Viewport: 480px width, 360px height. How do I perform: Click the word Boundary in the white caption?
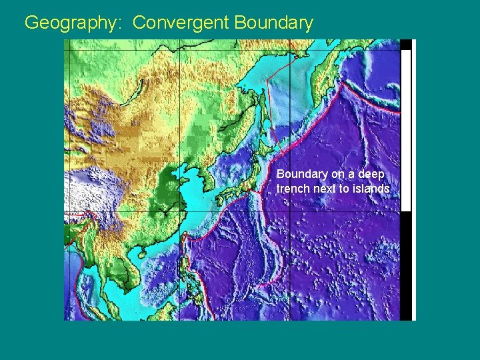(302, 174)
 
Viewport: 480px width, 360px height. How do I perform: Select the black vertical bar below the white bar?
(405, 267)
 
